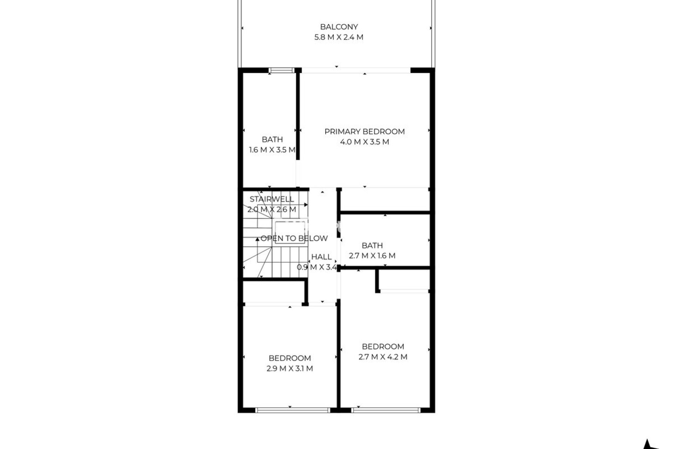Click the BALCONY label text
[339, 27]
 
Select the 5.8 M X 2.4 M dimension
[339, 37]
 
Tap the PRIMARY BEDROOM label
[365, 132]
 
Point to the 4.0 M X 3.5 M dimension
[365, 142]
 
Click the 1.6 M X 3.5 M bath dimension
[272, 150]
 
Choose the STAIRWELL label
[272, 199]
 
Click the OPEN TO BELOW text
[294, 239]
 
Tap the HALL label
[321, 257]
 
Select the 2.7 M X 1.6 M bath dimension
[372, 256]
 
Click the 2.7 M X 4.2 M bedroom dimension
[383, 357]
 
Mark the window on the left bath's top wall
[282, 71]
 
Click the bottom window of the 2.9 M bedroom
[293, 410]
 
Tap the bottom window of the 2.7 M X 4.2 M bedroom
[386, 410]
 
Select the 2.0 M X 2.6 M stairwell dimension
[272, 210]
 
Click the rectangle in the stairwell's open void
[286, 228]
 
